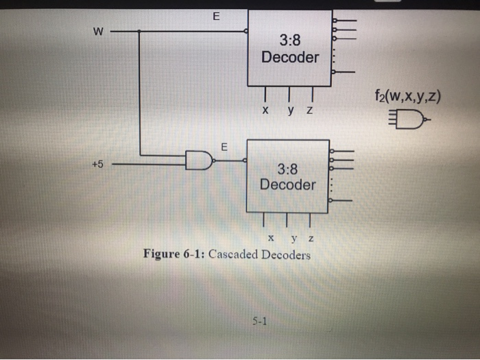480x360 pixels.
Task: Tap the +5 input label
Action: [99, 164]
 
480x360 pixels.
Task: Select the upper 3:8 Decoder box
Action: [289, 48]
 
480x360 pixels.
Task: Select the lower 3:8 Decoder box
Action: [287, 176]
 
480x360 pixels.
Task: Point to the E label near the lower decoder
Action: [223, 147]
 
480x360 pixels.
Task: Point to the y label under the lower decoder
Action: [293, 239]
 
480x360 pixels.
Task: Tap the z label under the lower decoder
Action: [311, 238]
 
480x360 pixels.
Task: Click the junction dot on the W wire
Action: [140, 31]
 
